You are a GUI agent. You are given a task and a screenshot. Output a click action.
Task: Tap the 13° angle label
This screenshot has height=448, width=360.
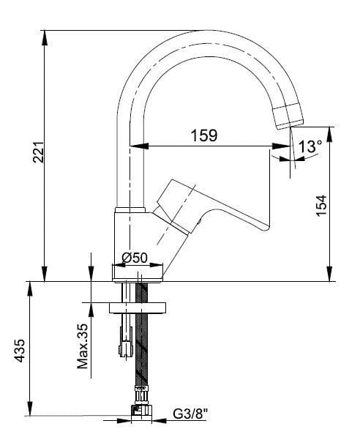310,147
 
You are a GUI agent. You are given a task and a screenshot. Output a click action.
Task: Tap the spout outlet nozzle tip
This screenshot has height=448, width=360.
288,116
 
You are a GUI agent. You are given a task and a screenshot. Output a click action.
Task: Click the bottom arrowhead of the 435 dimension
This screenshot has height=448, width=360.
30,415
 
